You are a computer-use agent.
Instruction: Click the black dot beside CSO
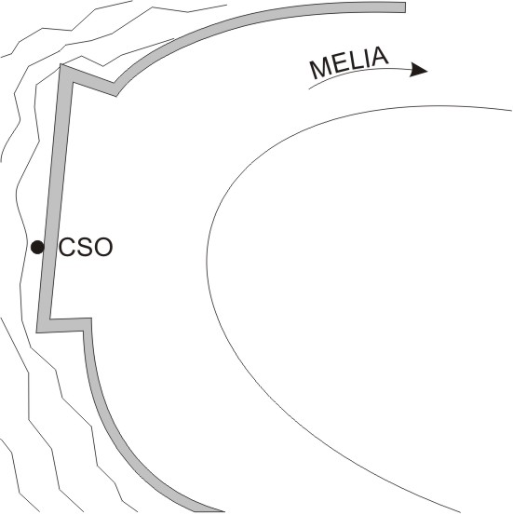37,247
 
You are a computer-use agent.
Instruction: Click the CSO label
86,247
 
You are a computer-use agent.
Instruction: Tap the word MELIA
349,62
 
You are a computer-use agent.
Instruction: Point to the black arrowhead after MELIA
418,70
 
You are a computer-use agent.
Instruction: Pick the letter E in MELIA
339,63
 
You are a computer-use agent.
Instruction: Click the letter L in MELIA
356,60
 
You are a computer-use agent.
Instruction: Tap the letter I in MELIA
366,58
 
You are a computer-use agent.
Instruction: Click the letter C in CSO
67,247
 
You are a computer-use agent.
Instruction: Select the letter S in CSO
85,247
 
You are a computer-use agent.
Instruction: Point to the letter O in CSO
103,247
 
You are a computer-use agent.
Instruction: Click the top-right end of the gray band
405,7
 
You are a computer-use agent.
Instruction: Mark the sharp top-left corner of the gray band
61,65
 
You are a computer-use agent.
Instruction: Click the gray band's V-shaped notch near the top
115,88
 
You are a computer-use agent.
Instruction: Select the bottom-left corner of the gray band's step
37,332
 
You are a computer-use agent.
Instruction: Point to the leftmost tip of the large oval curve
207,254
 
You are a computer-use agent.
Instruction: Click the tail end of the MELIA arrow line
309,89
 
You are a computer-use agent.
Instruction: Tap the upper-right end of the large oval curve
512,110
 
